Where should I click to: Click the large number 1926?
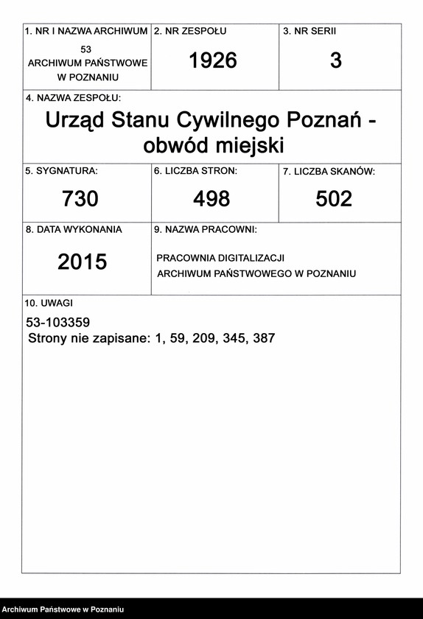[213, 61]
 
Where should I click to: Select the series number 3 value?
[336, 61]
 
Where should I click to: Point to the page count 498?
[212, 198]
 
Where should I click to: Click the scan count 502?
[334, 198]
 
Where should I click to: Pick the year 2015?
[83, 262]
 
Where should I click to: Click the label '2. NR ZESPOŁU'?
[190, 32]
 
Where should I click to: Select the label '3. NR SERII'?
[310, 32]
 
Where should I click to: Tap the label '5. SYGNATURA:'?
[62, 171]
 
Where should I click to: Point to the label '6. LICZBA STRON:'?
[195, 171]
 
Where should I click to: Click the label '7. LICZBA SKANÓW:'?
[329, 172]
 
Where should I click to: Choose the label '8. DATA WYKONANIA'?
[74, 229]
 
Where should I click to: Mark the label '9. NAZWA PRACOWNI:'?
[206, 229]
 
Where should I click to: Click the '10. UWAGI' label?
[49, 303]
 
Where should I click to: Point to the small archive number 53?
[86, 49]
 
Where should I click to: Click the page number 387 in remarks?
[263, 339]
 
